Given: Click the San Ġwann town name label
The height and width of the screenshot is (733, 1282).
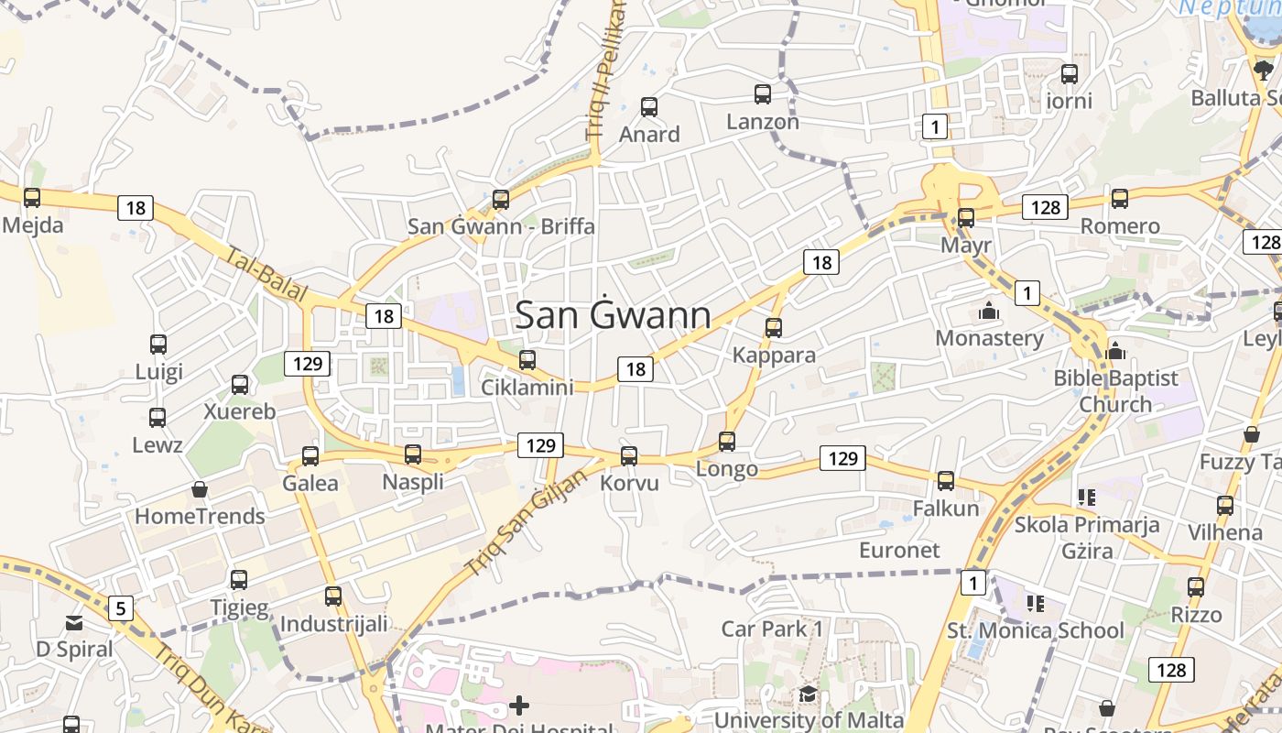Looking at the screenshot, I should point(613,315).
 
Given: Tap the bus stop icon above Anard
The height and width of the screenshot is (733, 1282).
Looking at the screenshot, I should point(649,107).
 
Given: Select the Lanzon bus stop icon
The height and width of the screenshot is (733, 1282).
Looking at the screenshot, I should point(762,93).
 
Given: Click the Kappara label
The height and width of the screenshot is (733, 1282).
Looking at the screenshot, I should point(774,355).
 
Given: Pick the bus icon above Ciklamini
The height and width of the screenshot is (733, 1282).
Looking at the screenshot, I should point(527,360).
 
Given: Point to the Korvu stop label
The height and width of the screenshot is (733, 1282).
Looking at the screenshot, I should point(629,483).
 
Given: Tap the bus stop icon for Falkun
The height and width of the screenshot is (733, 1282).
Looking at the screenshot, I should point(946,480).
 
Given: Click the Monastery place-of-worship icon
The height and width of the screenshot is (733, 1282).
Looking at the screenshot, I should point(988,312).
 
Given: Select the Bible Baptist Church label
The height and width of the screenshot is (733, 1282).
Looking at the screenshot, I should point(1115,391).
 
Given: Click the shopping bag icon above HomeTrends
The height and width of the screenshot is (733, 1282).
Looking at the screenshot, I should point(200,490).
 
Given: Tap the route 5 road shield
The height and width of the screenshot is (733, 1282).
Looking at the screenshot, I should point(121,607).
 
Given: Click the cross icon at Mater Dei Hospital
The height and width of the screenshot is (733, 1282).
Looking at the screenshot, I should point(519,705).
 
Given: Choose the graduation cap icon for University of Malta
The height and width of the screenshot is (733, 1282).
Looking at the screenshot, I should point(808,695).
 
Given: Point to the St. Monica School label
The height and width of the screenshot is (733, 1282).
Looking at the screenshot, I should point(1035,630).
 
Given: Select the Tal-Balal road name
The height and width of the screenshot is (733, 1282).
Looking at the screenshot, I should point(266,274).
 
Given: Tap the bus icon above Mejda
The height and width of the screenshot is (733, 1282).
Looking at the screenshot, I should point(32,197).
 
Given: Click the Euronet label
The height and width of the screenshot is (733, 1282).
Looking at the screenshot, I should point(899,550).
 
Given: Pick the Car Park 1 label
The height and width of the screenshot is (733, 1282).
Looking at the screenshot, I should point(772,629).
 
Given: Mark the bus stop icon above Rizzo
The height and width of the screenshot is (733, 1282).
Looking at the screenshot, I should point(1196,587).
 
